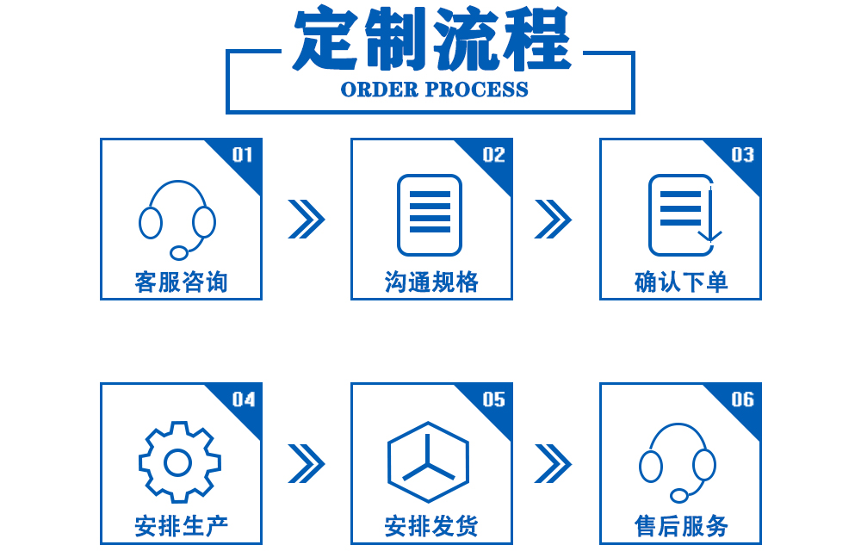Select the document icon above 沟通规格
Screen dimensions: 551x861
[430, 215]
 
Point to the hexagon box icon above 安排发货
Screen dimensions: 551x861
[429, 463]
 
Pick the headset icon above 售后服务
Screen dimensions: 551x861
[678, 463]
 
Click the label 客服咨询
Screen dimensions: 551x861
[181, 282]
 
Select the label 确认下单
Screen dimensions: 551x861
[680, 282]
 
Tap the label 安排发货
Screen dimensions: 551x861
[430, 526]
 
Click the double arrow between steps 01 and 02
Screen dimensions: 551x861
[306, 219]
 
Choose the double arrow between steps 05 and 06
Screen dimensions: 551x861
[553, 463]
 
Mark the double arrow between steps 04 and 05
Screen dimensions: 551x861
[306, 463]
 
